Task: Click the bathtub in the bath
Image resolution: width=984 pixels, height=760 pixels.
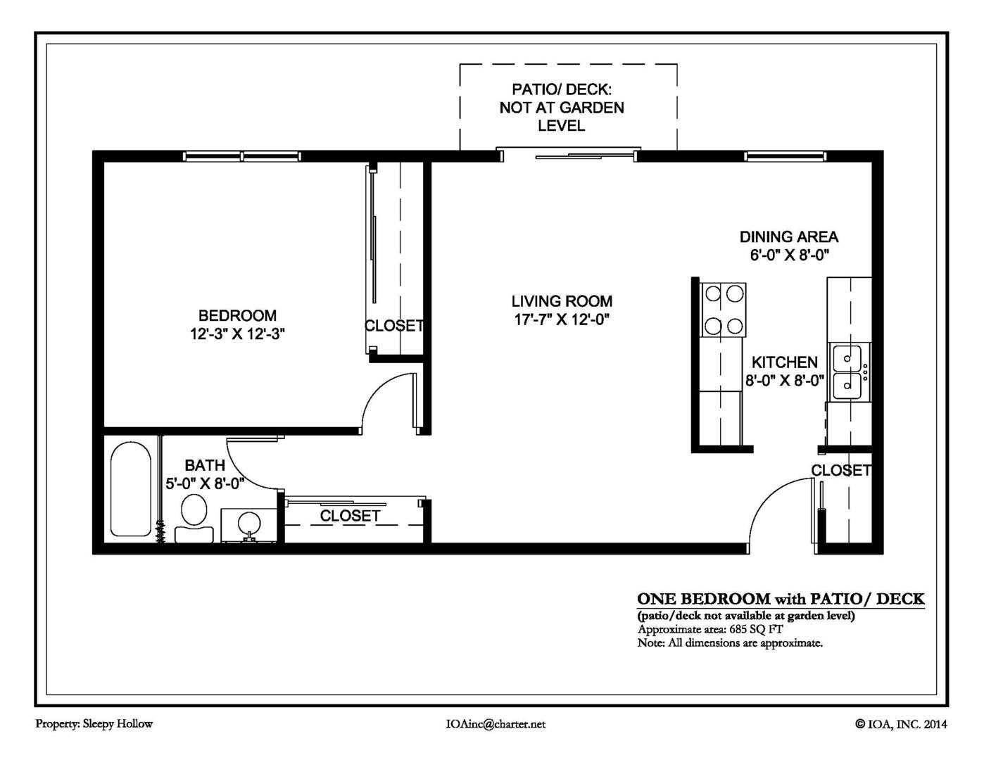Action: (x=130, y=490)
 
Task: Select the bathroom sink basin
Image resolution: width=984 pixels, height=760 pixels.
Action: (x=248, y=524)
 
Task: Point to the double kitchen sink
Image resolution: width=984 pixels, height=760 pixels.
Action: (x=847, y=372)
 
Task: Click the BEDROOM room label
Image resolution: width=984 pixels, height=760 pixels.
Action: (x=237, y=316)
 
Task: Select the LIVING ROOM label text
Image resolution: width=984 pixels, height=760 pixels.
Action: (x=562, y=301)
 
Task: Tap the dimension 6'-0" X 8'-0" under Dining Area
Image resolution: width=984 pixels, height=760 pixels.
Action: (x=789, y=255)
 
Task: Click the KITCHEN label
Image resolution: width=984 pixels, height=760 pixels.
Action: (x=784, y=362)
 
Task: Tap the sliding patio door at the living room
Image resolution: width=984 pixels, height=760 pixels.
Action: (x=569, y=155)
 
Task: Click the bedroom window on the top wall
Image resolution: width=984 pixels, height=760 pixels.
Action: (x=241, y=156)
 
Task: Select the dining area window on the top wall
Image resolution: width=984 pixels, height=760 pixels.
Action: (x=785, y=156)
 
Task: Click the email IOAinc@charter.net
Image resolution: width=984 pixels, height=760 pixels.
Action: (x=496, y=723)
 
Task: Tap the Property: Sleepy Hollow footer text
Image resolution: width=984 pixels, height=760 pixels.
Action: (x=94, y=723)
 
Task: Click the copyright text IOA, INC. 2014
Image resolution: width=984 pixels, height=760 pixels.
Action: (x=901, y=723)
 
